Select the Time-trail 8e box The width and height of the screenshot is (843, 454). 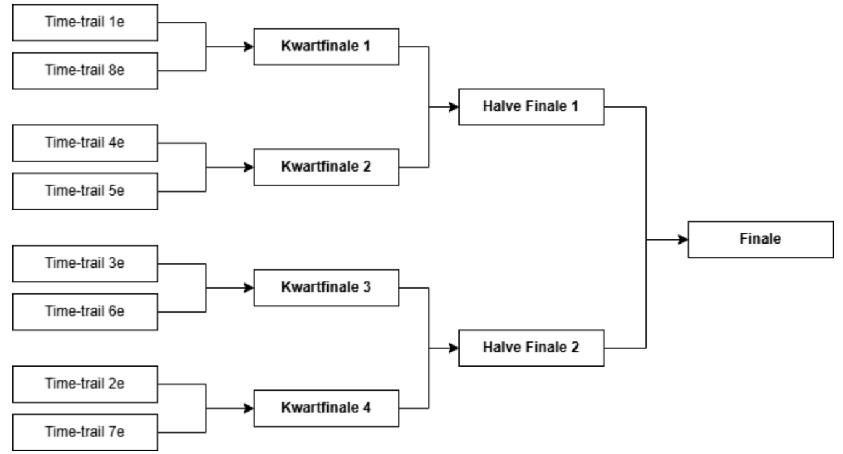tap(85, 70)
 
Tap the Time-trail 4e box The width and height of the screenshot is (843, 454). tap(85, 143)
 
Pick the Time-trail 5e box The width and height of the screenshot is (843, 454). tap(85, 191)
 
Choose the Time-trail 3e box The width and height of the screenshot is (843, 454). tap(85, 263)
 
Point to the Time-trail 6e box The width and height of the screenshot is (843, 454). tap(85, 311)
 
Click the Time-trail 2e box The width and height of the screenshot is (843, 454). tap(85, 384)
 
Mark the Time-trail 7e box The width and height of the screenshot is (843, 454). tap(85, 432)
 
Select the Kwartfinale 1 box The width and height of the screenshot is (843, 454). tap(326, 46)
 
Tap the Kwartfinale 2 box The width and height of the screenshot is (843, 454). tap(326, 167)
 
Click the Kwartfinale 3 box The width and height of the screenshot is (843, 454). tap(326, 287)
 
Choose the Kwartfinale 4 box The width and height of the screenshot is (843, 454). tap(326, 408)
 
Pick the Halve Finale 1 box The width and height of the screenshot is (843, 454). tap(531, 106)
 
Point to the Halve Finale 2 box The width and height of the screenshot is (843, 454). tap(531, 348)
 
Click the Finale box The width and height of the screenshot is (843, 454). tap(760, 239)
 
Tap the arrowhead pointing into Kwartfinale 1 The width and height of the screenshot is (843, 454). tap(250, 46)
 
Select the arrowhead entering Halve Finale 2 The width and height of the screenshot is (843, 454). tap(454, 348)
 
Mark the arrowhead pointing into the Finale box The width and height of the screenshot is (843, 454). tap(683, 239)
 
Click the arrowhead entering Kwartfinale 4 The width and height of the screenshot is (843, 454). tap(250, 408)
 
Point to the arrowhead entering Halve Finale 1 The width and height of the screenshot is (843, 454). tap(454, 107)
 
